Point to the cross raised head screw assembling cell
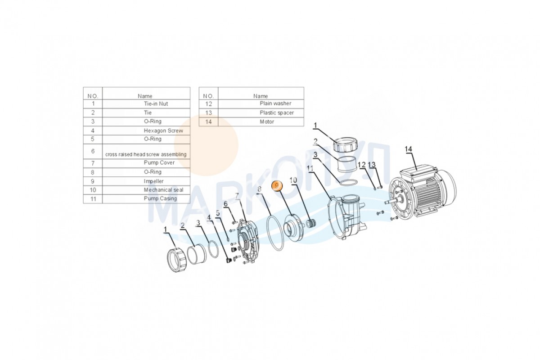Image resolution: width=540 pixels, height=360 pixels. pos(146,154)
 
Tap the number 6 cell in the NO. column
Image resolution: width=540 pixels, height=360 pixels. pos(93,151)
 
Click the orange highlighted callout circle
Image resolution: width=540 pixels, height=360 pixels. pos(276,185)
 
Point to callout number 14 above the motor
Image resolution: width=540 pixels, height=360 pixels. pos(408,149)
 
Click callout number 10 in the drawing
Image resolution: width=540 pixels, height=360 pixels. pos(293,180)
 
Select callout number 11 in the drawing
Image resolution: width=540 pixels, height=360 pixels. pos(310,168)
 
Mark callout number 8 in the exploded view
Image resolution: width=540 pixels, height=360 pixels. pos(259,190)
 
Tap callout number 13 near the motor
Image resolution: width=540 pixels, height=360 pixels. pos(372,165)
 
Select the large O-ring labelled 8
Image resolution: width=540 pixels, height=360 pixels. pos(275,233)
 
